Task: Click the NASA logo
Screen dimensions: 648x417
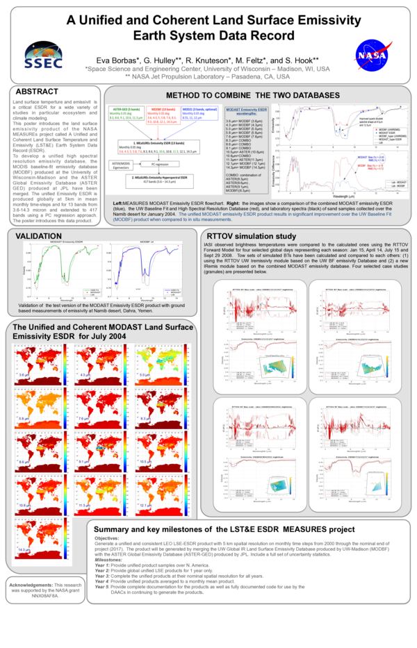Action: [368, 55]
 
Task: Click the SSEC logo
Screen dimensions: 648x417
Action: [45, 55]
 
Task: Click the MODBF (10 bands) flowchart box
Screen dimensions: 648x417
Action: [161, 114]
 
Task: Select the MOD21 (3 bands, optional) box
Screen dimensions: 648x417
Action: [197, 114]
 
